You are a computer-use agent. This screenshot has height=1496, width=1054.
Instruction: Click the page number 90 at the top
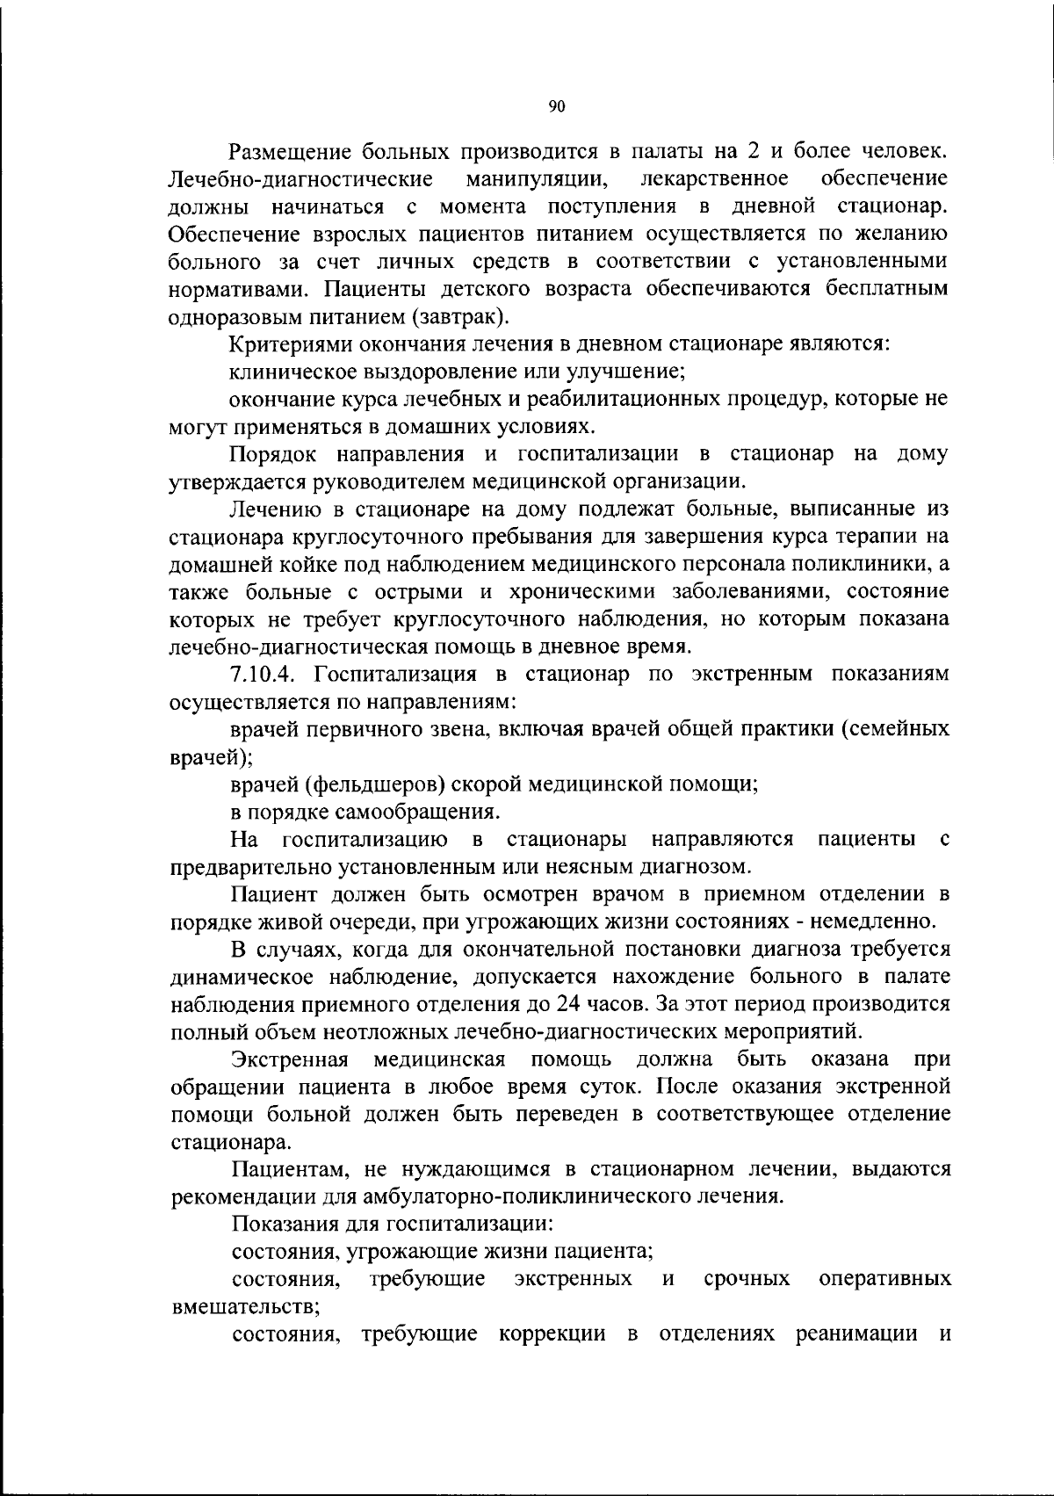(x=556, y=106)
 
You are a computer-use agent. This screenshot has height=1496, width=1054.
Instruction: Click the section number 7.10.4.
(x=263, y=674)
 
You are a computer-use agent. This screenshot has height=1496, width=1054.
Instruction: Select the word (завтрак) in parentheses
(x=465, y=316)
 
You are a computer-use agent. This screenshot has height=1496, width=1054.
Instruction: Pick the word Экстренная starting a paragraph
(x=290, y=1059)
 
